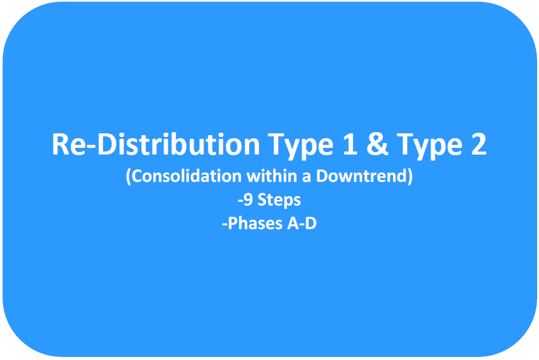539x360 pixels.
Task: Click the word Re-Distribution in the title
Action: [156, 144]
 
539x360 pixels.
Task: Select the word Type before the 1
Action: [301, 146]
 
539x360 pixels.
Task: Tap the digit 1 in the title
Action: [350, 144]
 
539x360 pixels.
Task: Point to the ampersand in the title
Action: [377, 144]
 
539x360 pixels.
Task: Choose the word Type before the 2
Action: [430, 146]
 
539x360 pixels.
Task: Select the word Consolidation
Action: [187, 176]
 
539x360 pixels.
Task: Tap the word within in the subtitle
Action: [272, 175]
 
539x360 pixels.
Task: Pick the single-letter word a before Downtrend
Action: [306, 178]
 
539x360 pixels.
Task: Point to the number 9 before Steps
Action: [248, 199]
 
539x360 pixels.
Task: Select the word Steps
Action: [279, 201]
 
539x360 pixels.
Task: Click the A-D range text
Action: [302, 224]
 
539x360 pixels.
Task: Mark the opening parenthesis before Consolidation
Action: [128, 176]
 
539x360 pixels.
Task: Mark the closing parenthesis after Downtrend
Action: [410, 176]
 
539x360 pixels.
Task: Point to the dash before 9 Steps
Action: [240, 201]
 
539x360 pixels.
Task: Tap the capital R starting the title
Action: [60, 144]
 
